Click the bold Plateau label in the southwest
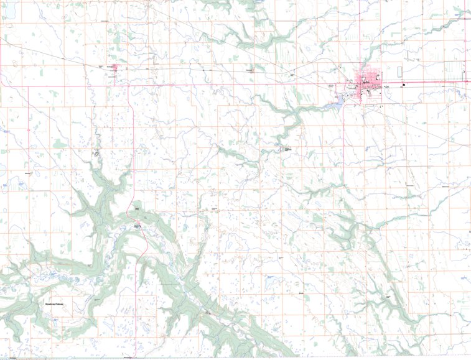pos(58,304)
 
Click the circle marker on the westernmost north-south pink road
pos(28,129)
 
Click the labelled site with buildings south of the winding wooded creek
pos(286,149)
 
